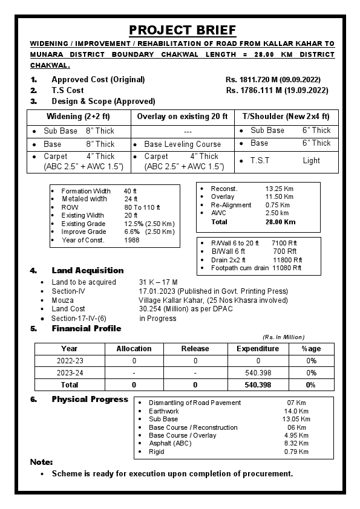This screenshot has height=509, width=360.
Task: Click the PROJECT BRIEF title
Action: point(182,30)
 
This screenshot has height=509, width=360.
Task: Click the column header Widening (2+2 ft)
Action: point(79,117)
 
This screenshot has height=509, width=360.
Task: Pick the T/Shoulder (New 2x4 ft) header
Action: point(286,117)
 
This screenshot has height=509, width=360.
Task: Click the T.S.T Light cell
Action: point(286,161)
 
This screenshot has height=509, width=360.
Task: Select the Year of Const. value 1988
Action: point(132,240)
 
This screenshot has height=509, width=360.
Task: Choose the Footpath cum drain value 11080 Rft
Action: point(287,268)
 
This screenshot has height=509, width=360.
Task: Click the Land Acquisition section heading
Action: point(87,270)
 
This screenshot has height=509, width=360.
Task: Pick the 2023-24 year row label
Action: point(70,373)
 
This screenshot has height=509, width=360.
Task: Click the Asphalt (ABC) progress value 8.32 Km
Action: point(296,443)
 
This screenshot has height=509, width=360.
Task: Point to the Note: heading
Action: point(42,462)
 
